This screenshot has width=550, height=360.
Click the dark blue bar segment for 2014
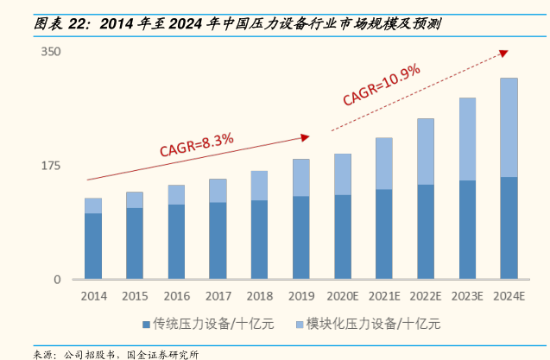point(93,246)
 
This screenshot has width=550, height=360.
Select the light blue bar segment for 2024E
point(509,127)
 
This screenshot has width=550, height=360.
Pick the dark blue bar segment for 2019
point(301,237)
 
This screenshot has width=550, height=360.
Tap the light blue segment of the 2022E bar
point(426,151)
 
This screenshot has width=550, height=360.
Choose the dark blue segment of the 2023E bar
point(467,230)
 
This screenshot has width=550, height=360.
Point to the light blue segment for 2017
point(218,191)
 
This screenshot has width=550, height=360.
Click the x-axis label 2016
point(176,296)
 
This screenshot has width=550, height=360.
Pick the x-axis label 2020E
point(343,296)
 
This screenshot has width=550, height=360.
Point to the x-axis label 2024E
point(509,296)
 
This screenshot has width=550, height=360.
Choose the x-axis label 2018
point(259,296)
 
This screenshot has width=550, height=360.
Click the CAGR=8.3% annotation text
point(196,143)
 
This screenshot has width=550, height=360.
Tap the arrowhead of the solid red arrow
point(305,136)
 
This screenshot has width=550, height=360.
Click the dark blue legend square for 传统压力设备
point(146,325)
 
